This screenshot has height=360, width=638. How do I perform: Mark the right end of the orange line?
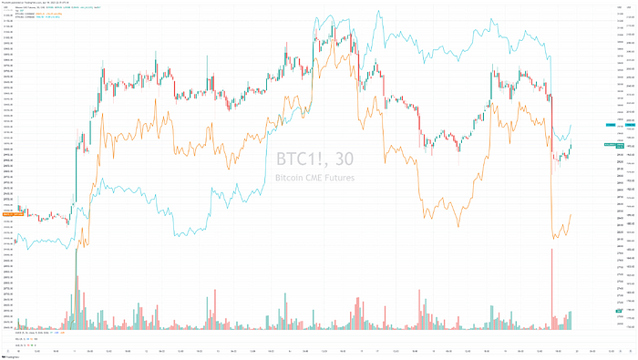(571, 215)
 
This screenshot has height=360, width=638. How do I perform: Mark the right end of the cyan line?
(571, 125)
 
